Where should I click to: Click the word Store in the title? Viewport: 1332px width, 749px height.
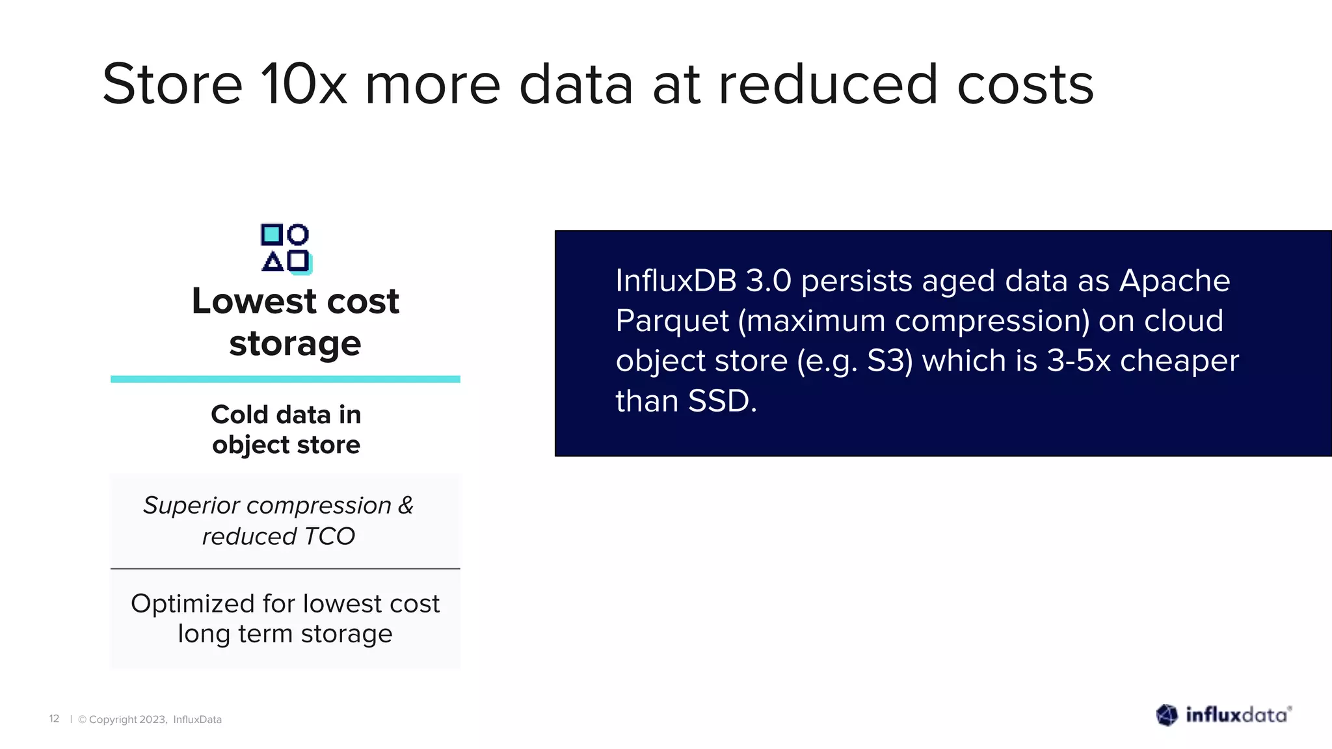(172, 85)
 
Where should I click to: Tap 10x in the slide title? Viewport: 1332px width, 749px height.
(304, 85)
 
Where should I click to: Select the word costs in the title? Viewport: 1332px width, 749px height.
(1026, 85)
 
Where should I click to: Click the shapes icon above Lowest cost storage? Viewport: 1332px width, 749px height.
(286, 247)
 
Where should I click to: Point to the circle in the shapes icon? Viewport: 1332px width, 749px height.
(298, 234)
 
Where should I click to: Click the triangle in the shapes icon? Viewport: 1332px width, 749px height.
(273, 261)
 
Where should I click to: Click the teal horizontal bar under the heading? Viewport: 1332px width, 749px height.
(286, 379)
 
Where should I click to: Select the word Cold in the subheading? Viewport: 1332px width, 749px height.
(239, 415)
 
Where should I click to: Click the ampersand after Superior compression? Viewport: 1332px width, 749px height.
(406, 505)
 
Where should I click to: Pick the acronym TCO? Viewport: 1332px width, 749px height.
(329, 536)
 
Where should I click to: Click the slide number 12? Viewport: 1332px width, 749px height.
(54, 718)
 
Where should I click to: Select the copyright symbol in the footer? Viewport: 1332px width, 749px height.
(83, 720)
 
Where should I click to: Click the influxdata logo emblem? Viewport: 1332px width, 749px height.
(1167, 715)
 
